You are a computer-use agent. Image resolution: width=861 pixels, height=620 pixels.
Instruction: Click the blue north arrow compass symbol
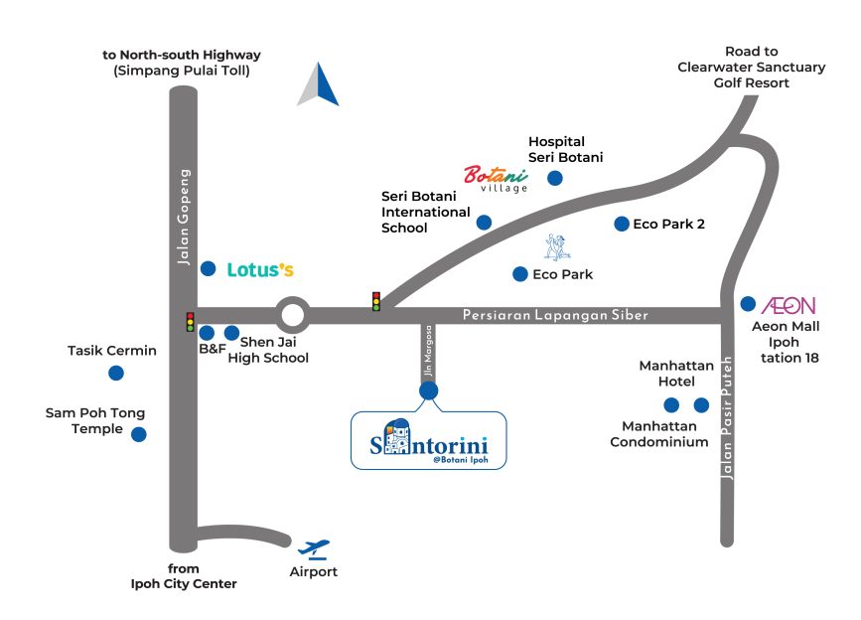pyautogui.click(x=318, y=84)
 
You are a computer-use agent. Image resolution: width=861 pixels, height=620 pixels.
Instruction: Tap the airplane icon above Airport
pyautogui.click(x=314, y=549)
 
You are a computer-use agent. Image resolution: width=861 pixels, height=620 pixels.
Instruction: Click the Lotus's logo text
pyautogui.click(x=260, y=269)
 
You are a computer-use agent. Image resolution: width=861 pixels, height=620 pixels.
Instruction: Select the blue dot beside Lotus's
pyautogui.click(x=209, y=268)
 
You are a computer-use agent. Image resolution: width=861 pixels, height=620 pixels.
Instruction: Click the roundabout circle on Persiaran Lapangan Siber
pyautogui.click(x=293, y=299)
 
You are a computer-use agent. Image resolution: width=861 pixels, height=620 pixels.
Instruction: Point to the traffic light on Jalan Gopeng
pyautogui.click(x=190, y=322)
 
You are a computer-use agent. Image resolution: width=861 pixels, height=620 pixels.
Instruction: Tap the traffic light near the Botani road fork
pyautogui.click(x=376, y=301)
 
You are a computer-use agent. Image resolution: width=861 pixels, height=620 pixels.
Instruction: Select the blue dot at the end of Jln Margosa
pyautogui.click(x=429, y=390)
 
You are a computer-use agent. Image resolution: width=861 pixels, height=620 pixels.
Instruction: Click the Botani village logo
pyautogui.click(x=496, y=179)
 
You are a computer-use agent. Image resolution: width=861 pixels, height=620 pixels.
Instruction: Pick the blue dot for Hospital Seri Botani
pyautogui.click(x=555, y=178)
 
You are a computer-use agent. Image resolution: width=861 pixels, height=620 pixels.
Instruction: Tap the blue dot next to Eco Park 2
pyautogui.click(x=622, y=225)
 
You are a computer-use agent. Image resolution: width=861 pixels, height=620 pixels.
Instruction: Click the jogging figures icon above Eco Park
pyautogui.click(x=557, y=247)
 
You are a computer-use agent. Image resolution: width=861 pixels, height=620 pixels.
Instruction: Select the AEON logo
pyautogui.click(x=789, y=305)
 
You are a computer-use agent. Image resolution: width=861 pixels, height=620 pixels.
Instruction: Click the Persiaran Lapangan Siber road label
pyautogui.click(x=555, y=315)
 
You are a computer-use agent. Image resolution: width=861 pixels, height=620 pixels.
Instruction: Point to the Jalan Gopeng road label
pyautogui.click(x=184, y=217)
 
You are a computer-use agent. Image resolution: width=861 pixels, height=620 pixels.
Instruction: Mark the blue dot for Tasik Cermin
pyautogui.click(x=116, y=374)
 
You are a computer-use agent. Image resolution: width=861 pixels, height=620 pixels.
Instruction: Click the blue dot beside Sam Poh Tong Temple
pyautogui.click(x=139, y=434)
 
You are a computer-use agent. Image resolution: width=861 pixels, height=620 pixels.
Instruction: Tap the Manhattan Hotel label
pyautogui.click(x=676, y=374)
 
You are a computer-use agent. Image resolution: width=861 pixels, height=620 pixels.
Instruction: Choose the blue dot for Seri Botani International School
pyautogui.click(x=484, y=223)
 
